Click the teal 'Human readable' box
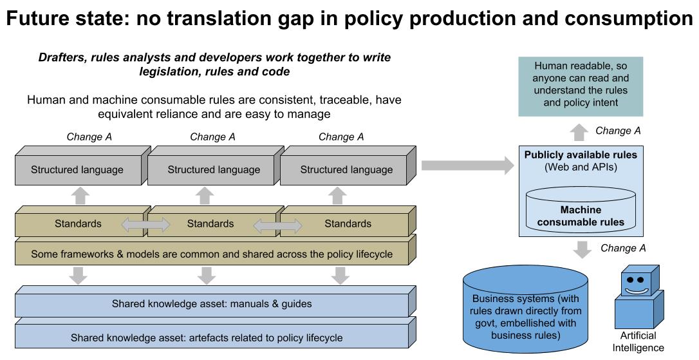(581, 86)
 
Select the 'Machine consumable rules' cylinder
(581, 211)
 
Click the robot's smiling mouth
(636, 291)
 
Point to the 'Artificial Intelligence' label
(638, 342)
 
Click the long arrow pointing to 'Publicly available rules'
(468, 166)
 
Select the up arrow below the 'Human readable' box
(579, 133)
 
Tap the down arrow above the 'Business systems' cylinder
(582, 250)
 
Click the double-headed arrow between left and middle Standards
(145, 224)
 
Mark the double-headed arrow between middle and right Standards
(277, 226)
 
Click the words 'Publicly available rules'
(581, 155)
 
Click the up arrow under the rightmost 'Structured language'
(337, 196)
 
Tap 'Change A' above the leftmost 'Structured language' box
(89, 137)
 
